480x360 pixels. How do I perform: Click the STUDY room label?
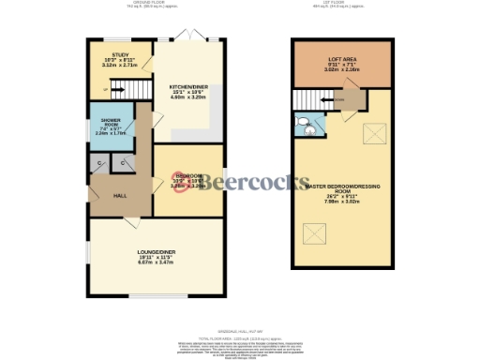pyautogui.click(x=120, y=56)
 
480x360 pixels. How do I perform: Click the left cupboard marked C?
pyautogui.click(x=100, y=165)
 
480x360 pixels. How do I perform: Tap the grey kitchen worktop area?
pyautogui.click(x=215, y=120)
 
